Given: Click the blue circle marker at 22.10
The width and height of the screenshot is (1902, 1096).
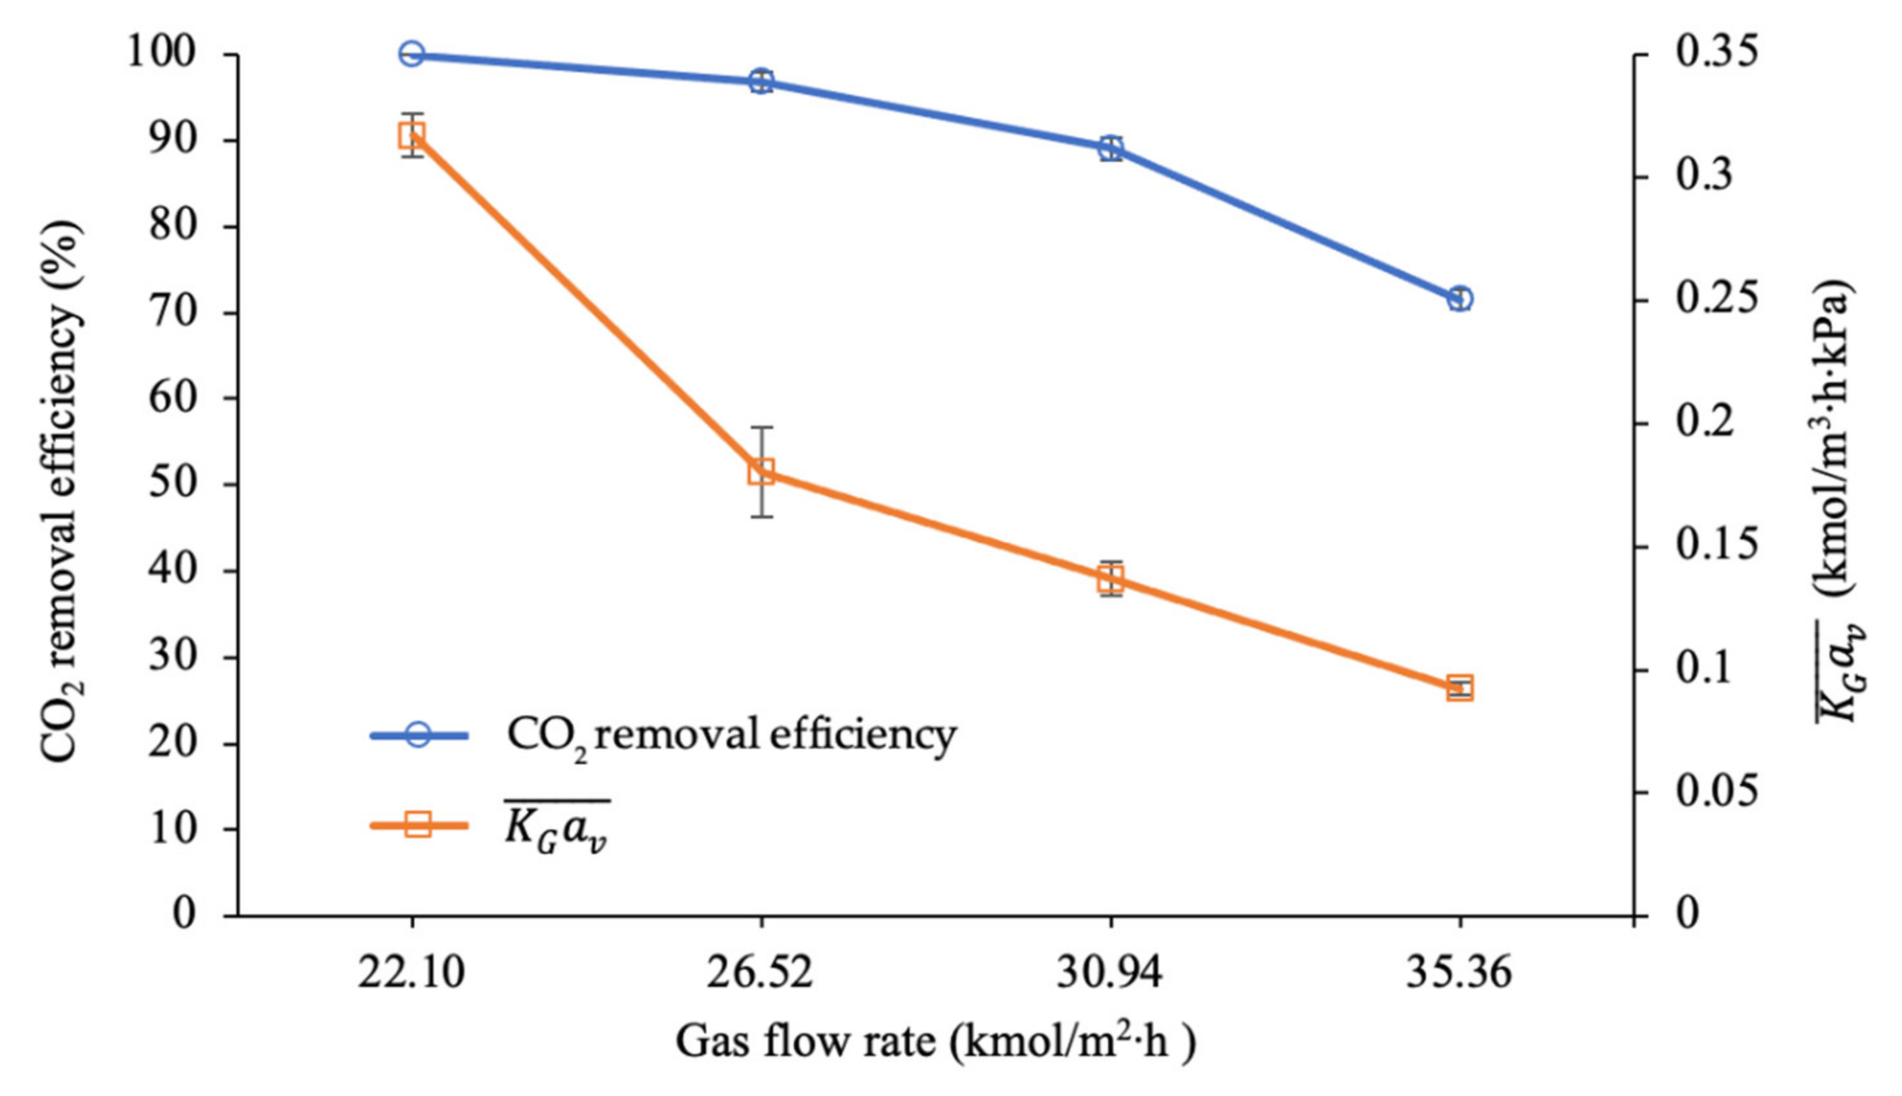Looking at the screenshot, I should tap(411, 54).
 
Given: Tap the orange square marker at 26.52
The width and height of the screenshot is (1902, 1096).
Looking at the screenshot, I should tap(761, 472).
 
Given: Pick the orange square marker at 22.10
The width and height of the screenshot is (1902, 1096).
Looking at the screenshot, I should tap(411, 136).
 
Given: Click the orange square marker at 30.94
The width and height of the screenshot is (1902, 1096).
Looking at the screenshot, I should tap(1111, 579).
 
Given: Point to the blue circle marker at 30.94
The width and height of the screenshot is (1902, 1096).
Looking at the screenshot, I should tap(1111, 149).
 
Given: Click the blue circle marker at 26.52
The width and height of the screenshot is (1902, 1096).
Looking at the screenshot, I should tap(761, 81).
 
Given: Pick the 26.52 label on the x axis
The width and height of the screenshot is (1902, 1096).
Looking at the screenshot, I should tap(760, 973).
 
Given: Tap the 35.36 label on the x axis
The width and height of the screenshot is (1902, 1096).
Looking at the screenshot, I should tap(1458, 973).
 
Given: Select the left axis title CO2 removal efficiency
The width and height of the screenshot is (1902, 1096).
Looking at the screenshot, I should tap(60, 490).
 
